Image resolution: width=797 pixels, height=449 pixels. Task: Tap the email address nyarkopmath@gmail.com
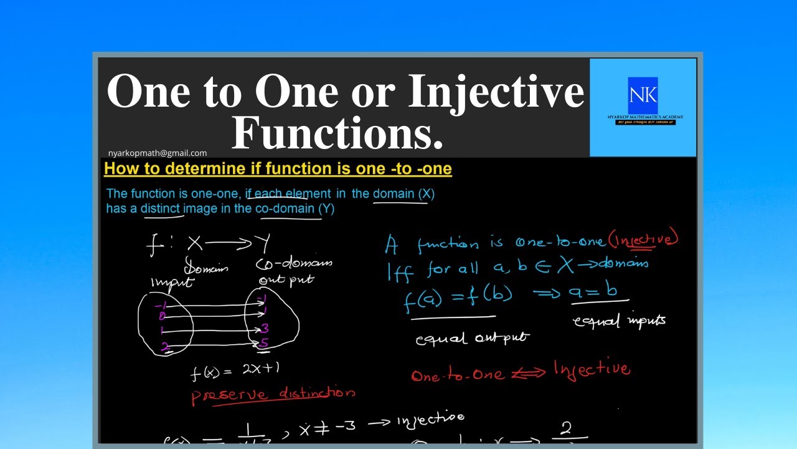point(158,153)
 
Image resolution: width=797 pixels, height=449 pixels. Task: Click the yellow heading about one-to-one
point(278,168)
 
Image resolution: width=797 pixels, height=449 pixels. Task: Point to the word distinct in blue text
point(161,209)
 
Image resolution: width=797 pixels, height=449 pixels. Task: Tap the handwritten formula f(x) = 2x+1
point(235,370)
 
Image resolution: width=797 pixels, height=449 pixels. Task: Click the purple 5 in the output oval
point(264,343)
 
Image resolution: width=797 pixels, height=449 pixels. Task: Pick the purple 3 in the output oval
point(265,329)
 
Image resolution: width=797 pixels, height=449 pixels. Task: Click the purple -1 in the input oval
point(161,305)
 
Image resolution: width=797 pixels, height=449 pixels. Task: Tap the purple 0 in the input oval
point(162,317)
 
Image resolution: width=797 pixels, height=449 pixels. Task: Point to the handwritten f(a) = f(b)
point(458,298)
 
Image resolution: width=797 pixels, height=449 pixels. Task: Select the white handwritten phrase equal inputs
point(619,321)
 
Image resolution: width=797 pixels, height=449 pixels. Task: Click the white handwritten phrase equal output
point(471,339)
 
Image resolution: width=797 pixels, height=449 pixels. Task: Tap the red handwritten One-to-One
point(457,375)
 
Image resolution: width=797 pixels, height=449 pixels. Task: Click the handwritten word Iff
point(400,271)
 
